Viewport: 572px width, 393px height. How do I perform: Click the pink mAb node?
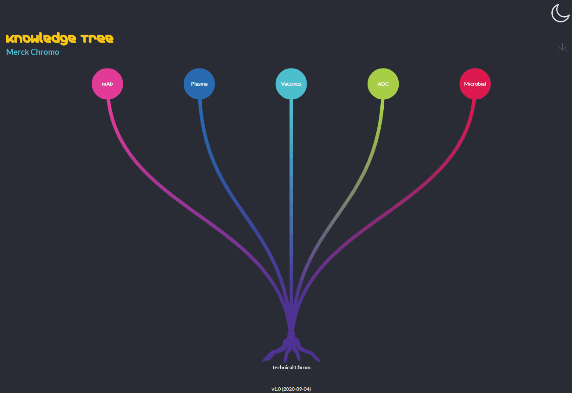pos(107,84)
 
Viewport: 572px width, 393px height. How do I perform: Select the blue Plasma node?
pos(199,84)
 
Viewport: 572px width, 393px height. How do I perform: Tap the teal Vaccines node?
pos(291,84)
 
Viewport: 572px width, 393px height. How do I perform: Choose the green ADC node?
pos(383,84)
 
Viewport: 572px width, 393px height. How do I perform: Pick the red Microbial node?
pos(475,84)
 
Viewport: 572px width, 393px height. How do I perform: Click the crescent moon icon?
pos(560,13)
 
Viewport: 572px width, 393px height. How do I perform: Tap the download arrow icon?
pos(562,48)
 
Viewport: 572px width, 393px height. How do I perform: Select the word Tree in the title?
pos(97,39)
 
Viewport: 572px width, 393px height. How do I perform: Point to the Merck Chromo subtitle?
pos(32,52)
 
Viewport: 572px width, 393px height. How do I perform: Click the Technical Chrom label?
pos(291,368)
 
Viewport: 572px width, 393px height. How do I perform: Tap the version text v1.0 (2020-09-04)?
pos(291,389)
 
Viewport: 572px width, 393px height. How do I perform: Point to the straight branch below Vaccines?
pos(291,198)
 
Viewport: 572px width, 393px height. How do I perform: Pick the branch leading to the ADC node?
pos(351,189)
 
